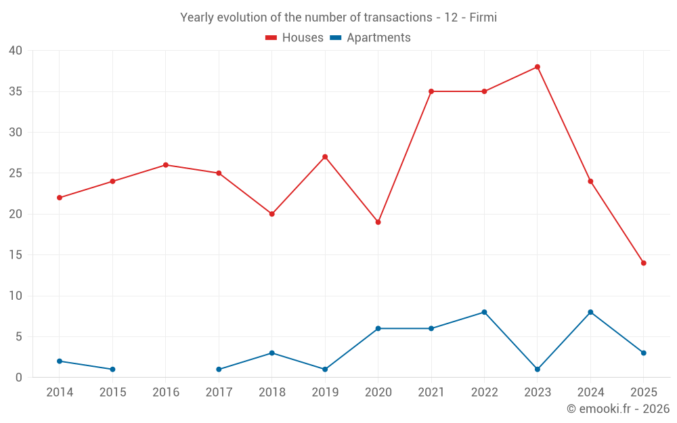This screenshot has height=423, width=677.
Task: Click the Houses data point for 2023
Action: (x=538, y=67)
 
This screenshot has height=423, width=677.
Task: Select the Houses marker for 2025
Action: (x=644, y=263)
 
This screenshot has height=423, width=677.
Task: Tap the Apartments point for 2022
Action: (x=484, y=312)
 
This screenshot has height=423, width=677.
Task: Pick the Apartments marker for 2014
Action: (x=60, y=361)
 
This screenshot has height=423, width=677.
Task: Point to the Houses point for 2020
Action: (x=378, y=222)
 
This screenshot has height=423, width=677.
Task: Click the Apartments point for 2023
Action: (x=538, y=370)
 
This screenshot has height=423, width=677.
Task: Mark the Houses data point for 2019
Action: (x=325, y=157)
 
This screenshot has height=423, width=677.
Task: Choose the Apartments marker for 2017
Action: (x=219, y=370)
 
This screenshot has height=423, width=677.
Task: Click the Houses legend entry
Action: (x=294, y=38)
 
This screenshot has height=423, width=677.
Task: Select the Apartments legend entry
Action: (x=370, y=38)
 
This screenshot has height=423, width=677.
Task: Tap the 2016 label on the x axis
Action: (x=166, y=393)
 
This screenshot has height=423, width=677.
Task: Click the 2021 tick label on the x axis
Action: (x=431, y=393)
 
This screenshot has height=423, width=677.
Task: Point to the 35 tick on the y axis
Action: (x=16, y=91)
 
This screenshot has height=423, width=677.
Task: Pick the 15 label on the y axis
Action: (x=16, y=255)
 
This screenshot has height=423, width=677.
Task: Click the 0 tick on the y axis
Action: (x=19, y=378)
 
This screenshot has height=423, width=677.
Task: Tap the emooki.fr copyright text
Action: (x=618, y=409)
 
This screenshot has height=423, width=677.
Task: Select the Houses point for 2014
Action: (x=60, y=198)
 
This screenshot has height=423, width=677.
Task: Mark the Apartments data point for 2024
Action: (x=590, y=312)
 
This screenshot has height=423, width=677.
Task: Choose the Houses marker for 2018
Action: (x=272, y=214)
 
